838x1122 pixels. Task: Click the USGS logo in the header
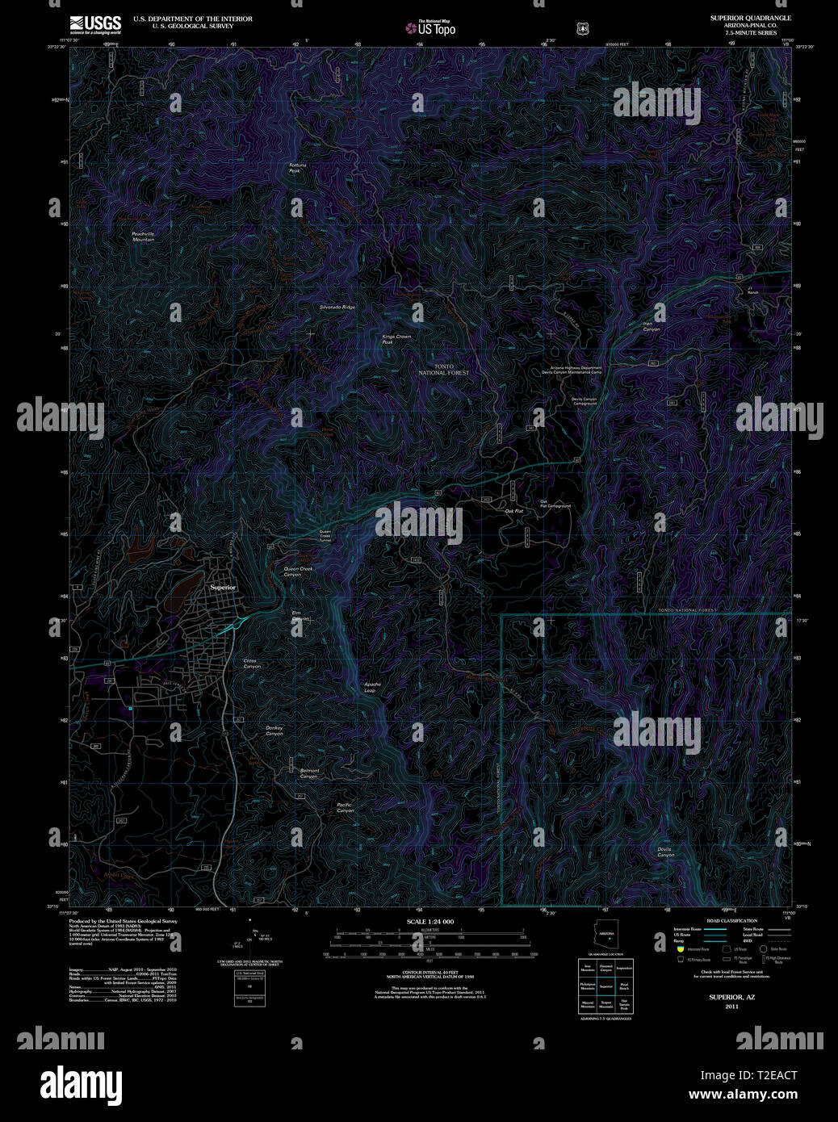pyautogui.click(x=95, y=24)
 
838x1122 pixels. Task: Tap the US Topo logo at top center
pyautogui.click(x=431, y=28)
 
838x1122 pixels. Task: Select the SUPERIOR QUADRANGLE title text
pyautogui.click(x=750, y=18)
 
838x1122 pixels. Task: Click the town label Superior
pyautogui.click(x=223, y=588)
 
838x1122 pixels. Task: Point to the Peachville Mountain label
pyautogui.click(x=143, y=237)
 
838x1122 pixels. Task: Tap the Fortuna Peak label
pyautogui.click(x=298, y=168)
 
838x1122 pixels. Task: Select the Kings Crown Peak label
pyautogui.click(x=396, y=339)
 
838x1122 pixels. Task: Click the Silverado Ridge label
pyautogui.click(x=337, y=308)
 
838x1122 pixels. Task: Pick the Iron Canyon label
pyautogui.click(x=651, y=327)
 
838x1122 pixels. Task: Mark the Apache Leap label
pyautogui.click(x=371, y=687)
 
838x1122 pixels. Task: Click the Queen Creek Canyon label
pyautogui.click(x=297, y=571)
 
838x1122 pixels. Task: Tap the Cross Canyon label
pyautogui.click(x=252, y=664)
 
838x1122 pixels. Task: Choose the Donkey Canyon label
pyautogui.click(x=274, y=731)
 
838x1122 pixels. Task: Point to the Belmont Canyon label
pyautogui.click(x=309, y=773)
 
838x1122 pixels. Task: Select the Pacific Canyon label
pyautogui.click(x=345, y=807)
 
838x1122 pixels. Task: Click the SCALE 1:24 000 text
pyautogui.click(x=429, y=922)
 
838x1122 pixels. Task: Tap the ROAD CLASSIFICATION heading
pyautogui.click(x=731, y=921)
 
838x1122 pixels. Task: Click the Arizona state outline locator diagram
pyautogui.click(x=606, y=937)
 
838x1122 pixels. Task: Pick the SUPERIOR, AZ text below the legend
pyautogui.click(x=731, y=998)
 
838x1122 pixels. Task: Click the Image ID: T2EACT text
pyautogui.click(x=748, y=1075)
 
